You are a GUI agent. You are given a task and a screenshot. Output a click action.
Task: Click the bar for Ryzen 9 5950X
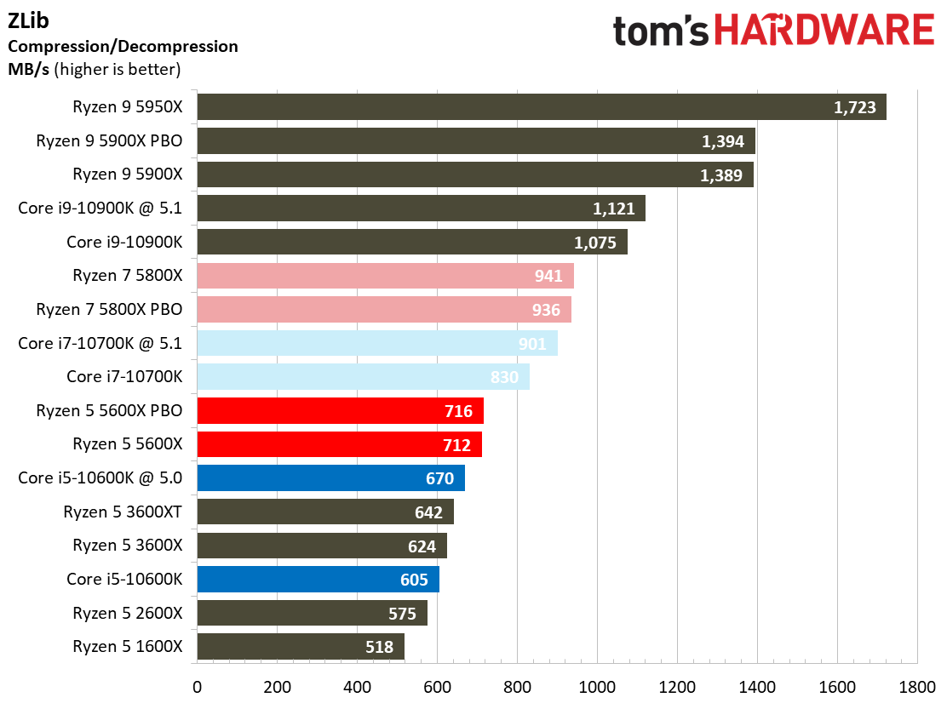(x=542, y=107)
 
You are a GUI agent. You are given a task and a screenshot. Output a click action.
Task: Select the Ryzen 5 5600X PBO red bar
(x=340, y=411)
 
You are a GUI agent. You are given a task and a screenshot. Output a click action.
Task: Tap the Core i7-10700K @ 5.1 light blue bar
(x=377, y=343)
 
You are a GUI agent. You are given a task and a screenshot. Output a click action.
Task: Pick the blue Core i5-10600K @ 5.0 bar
(x=330, y=478)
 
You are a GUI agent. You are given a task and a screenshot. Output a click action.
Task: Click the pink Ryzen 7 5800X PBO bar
(x=383, y=310)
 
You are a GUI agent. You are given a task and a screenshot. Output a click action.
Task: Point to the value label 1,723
(x=855, y=108)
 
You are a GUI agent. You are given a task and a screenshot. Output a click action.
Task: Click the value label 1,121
(x=614, y=209)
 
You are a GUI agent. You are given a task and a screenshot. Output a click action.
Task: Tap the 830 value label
(x=504, y=377)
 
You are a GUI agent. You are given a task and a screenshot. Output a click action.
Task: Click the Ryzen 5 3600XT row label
(x=123, y=512)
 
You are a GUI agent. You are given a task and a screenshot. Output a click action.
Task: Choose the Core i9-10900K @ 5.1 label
(x=100, y=208)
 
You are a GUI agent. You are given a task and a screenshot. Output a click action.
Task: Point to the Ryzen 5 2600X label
(x=127, y=613)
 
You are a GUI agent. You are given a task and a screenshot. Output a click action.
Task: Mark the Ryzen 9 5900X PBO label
(x=109, y=140)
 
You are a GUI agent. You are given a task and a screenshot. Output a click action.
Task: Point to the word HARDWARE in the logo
(x=824, y=31)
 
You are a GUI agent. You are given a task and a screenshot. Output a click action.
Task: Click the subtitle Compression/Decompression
(x=123, y=46)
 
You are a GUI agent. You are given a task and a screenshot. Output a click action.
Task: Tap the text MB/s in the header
(x=29, y=69)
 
